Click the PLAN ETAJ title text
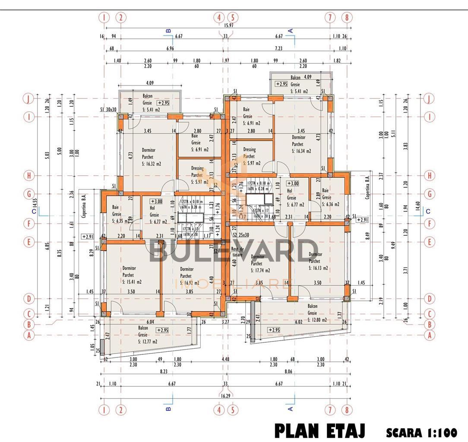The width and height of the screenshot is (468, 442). [x=320, y=431]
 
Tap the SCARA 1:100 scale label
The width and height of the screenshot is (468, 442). [x=421, y=432]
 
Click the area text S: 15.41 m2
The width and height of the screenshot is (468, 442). [x=132, y=282]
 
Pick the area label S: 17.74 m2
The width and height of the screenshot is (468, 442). [x=260, y=271]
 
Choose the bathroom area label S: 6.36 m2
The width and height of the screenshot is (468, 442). [x=329, y=205]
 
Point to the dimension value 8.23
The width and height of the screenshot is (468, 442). [x=162, y=371]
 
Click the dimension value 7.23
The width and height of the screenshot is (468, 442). [x=278, y=49]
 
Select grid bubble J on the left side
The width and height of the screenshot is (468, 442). [x=28, y=99]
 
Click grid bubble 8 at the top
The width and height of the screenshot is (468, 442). [x=347, y=18]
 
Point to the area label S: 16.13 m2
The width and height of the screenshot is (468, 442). [x=318, y=268]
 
